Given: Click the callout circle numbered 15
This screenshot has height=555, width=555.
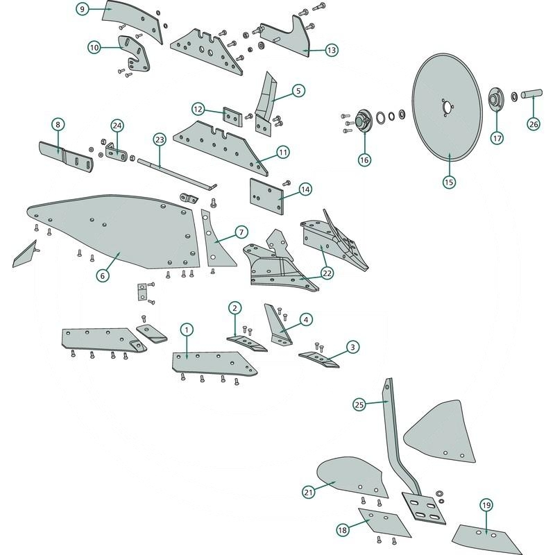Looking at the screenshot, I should click(448, 182).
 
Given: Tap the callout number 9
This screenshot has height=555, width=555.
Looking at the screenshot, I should click(83, 10).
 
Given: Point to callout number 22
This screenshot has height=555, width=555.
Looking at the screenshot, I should click(327, 273).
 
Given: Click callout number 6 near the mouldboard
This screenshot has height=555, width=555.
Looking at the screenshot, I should click(102, 275).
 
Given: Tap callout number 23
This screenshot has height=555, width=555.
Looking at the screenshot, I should click(159, 140).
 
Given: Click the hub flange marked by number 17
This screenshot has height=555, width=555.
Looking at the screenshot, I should click(496, 99).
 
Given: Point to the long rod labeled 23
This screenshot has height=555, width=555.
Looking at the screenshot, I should click(173, 173).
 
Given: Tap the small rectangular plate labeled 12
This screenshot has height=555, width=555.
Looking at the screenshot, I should click(232, 117).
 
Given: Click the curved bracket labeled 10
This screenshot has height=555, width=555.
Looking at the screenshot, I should click(136, 54).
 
